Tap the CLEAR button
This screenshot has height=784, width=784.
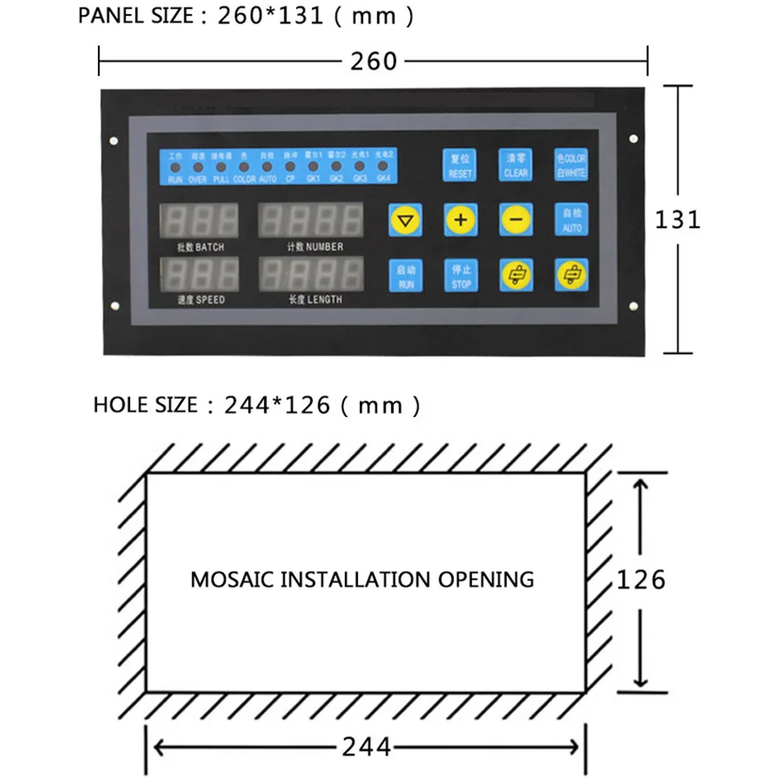tap(516, 165)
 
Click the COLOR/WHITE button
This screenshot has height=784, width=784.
tap(571, 165)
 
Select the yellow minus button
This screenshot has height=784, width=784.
tap(516, 220)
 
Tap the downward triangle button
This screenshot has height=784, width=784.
tap(405, 220)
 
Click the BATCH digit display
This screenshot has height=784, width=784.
tap(200, 221)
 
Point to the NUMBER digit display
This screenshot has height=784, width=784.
tap(311, 221)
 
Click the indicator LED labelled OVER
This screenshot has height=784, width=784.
tap(198, 167)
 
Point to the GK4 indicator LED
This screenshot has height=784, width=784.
tap(383, 167)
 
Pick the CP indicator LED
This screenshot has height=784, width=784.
tap(290, 167)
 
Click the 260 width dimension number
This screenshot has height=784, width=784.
tap(374, 60)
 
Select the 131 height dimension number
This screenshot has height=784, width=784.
tap(677, 219)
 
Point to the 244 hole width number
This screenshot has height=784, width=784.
tap(366, 747)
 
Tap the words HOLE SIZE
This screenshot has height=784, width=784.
tap(145, 405)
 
